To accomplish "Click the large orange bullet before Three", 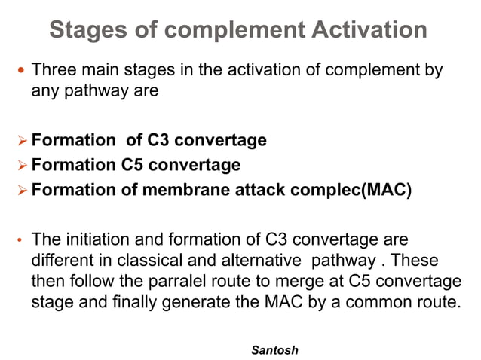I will [20, 72].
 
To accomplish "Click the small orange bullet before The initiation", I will [20, 243].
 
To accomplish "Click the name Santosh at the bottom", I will [274, 350].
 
